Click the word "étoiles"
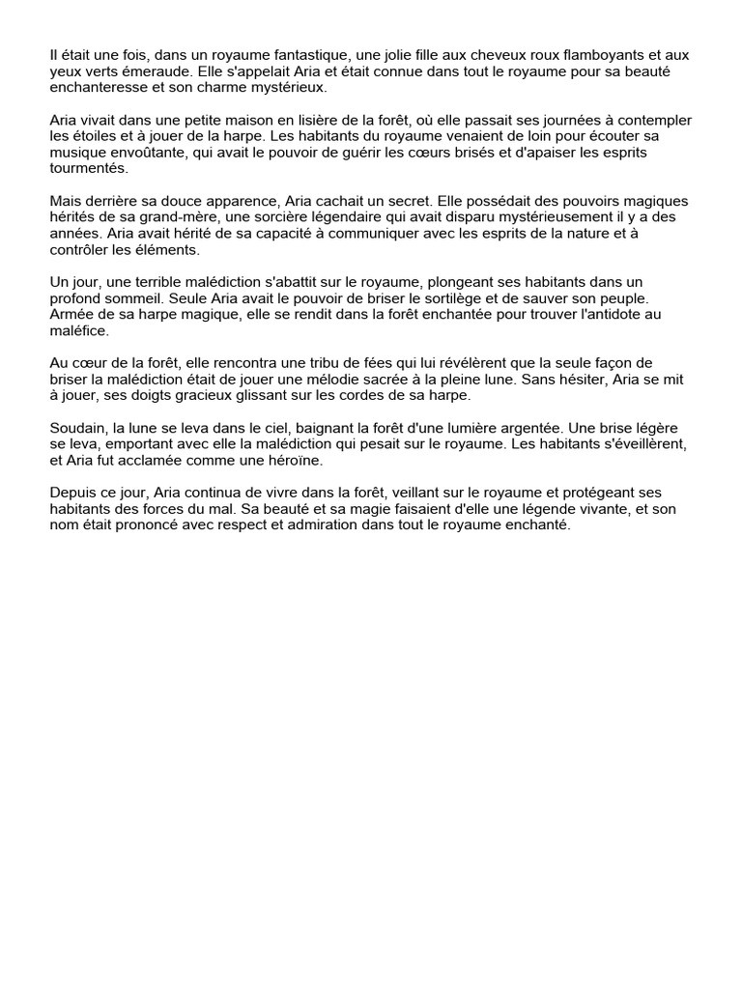[x=97, y=136]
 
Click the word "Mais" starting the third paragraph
[x=67, y=201]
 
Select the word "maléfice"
[x=80, y=330]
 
